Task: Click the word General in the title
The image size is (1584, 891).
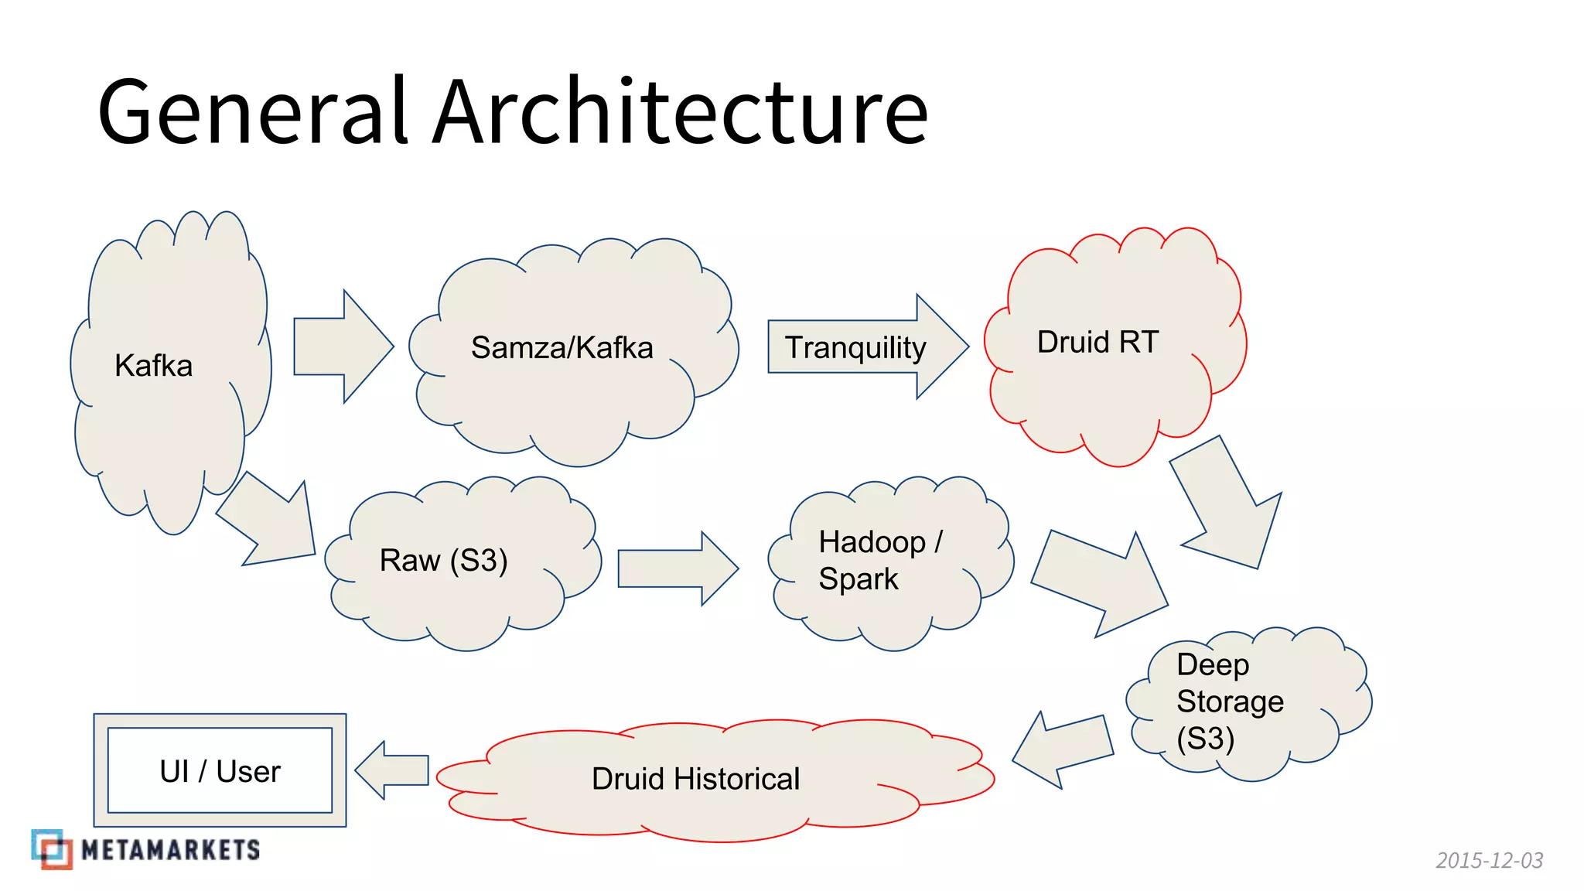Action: [252, 112]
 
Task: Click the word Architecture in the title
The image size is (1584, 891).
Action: [681, 112]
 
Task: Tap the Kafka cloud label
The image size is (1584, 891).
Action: [153, 366]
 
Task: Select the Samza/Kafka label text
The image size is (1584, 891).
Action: [562, 348]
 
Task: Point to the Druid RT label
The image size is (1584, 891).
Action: [1098, 342]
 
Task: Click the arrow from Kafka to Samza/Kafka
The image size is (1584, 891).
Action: [340, 346]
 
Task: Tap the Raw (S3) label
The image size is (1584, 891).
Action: [443, 560]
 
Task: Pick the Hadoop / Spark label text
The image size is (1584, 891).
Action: [879, 560]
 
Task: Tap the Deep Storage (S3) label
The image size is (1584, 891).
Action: [1230, 702]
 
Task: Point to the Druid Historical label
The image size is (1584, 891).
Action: [695, 779]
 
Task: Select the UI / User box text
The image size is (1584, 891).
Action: [220, 771]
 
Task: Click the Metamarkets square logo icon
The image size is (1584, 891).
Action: [52, 849]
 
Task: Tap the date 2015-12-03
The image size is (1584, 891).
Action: [1489, 860]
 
